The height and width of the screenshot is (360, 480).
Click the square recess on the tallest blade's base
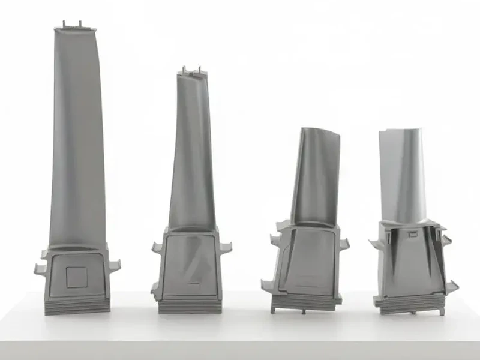pos(76,277)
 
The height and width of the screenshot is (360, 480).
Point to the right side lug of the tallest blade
pos(114,265)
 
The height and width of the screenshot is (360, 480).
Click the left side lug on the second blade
pos(157,247)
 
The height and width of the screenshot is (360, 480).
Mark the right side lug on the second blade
pos(227,247)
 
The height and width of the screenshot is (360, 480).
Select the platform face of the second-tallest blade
pos(191,264)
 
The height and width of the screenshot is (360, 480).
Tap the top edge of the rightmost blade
pos(401,130)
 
